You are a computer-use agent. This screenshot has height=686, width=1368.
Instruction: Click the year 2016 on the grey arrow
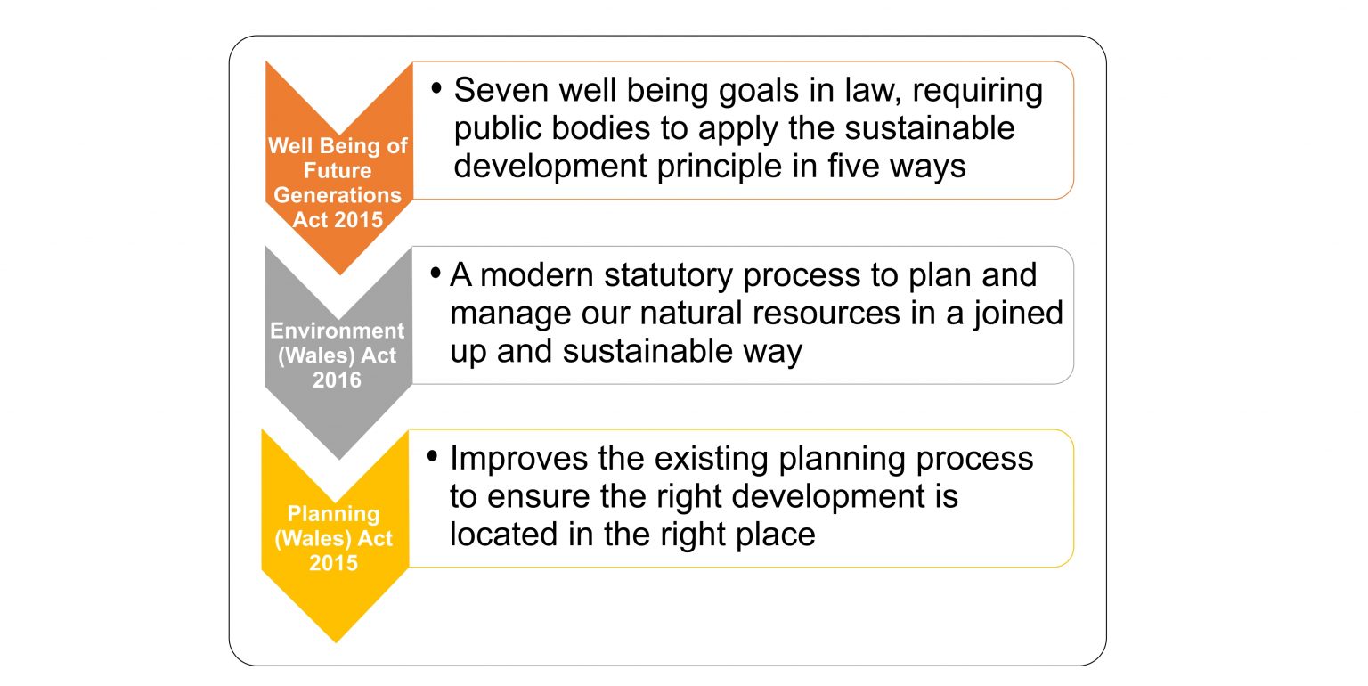point(337,380)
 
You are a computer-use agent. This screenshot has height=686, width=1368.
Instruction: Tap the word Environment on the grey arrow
point(337,331)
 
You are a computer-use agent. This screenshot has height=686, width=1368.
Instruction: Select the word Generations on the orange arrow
point(338,195)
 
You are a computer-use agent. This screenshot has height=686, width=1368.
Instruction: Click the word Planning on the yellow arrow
point(333,514)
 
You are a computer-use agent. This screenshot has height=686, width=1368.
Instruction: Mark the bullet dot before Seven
point(436,89)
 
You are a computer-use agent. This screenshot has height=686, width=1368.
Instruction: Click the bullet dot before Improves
point(434,457)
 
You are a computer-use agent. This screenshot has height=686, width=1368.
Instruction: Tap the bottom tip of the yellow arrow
point(336,641)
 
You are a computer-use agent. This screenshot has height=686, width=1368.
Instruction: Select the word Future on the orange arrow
point(338,170)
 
